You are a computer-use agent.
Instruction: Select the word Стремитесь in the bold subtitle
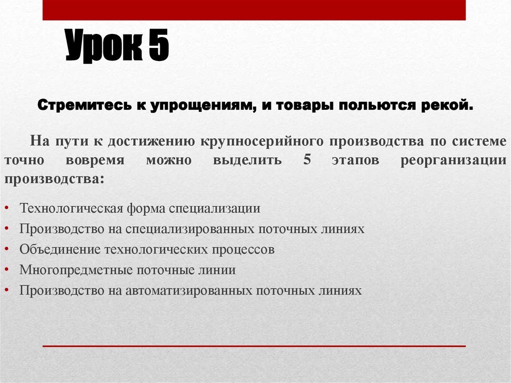pos(80,106)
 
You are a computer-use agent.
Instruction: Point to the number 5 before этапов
pos(306,160)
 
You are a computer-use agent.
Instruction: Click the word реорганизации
pos(453,161)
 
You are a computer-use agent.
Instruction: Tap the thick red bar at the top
pos(254,10)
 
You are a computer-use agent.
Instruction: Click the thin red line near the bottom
pos(254,346)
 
